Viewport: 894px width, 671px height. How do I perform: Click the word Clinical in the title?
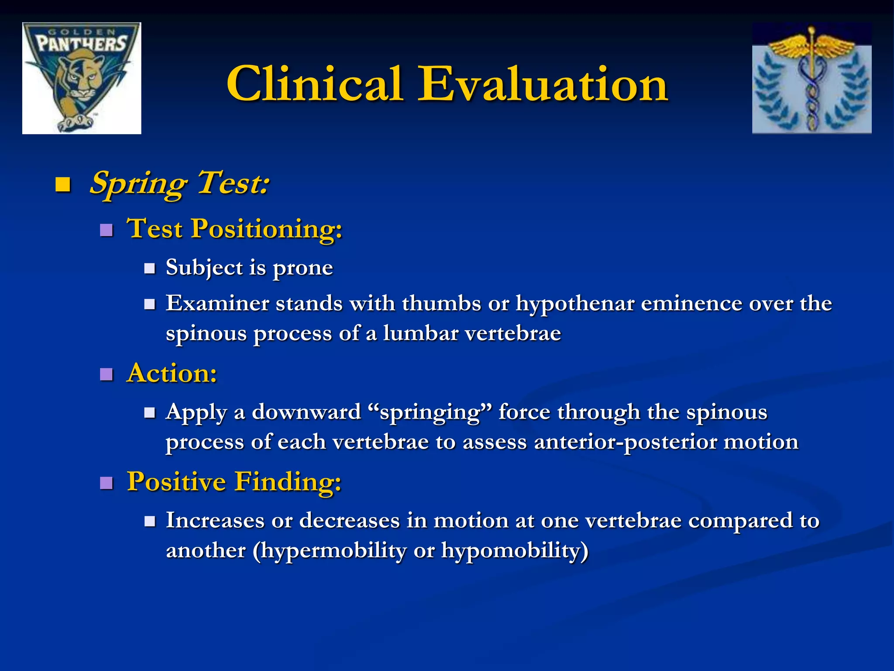[x=314, y=84]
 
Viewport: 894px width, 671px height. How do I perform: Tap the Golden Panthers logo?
[x=82, y=78]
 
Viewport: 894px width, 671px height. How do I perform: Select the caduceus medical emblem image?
[x=811, y=78]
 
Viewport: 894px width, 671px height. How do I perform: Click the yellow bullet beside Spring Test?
[x=63, y=185]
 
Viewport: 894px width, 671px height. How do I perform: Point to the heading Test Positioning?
[x=234, y=228]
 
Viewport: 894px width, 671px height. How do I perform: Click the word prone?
[x=303, y=268]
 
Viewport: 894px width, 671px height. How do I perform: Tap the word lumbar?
[x=420, y=333]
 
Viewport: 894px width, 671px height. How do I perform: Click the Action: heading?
[x=172, y=374]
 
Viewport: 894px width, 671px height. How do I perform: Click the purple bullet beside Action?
[x=106, y=374]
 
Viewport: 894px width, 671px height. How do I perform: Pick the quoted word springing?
[x=430, y=412]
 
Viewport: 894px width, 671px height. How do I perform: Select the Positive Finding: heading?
[x=234, y=482]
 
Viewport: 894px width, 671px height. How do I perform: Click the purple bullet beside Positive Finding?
[x=106, y=483]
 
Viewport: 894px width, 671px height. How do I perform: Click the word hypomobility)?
[x=515, y=550]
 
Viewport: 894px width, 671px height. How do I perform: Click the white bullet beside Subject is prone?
[x=150, y=268]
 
